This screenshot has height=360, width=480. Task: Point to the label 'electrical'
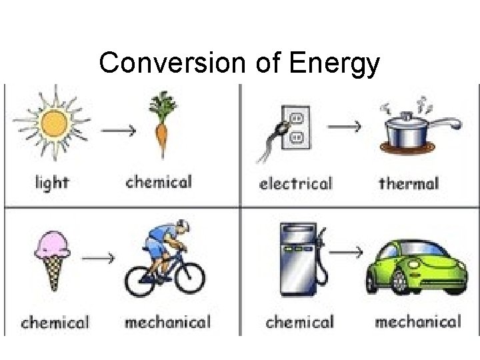(x=295, y=183)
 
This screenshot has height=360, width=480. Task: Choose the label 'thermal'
(x=409, y=182)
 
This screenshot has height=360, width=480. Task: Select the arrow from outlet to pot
(x=347, y=125)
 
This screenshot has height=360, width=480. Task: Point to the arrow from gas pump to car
(x=347, y=251)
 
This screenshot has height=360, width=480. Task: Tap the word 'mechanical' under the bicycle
(x=167, y=323)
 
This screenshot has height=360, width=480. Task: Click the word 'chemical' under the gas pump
(x=299, y=323)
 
